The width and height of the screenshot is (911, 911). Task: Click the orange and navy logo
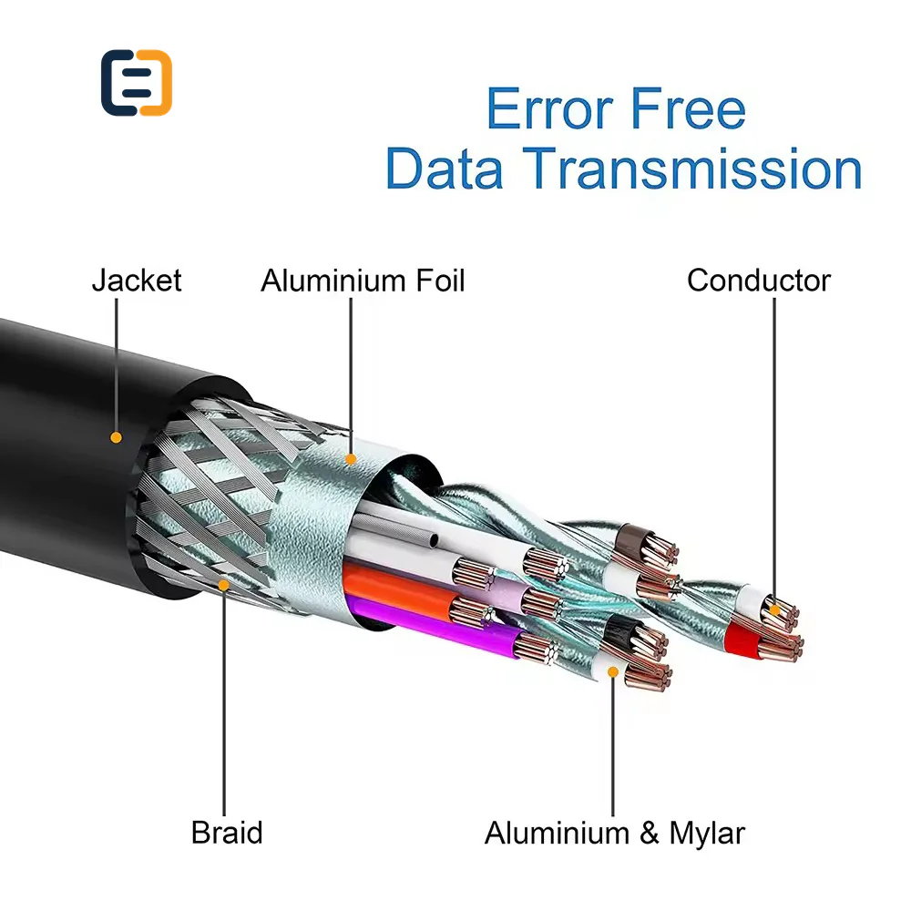point(137,83)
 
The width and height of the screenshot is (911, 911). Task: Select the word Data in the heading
point(444,169)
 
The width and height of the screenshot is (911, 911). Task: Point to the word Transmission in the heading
point(692,169)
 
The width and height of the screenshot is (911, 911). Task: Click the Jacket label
point(137,280)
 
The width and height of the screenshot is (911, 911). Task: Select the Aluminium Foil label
point(363,280)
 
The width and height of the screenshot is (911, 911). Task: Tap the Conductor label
point(759,280)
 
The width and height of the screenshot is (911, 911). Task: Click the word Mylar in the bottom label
point(707,834)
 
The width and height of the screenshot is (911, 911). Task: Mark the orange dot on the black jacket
point(117,437)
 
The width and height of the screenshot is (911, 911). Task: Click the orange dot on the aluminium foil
point(351,459)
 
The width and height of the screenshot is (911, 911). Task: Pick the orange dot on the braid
point(224,585)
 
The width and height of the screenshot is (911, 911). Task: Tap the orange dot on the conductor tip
point(774,610)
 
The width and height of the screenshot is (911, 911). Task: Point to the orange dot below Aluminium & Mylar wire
point(613,672)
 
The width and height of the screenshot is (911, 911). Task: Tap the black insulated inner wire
point(622,630)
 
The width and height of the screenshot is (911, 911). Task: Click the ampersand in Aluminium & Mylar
point(650,833)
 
